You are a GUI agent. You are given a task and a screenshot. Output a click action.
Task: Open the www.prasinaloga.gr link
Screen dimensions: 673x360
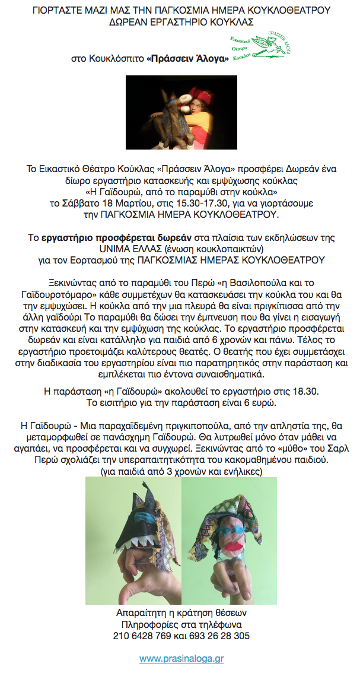(x=181, y=658)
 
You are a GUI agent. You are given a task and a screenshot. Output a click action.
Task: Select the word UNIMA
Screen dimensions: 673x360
(x=118, y=248)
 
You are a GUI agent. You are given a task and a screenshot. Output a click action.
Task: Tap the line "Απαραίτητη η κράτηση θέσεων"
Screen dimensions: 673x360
(x=181, y=613)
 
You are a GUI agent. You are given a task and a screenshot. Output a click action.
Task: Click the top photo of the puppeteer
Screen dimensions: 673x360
(x=181, y=112)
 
